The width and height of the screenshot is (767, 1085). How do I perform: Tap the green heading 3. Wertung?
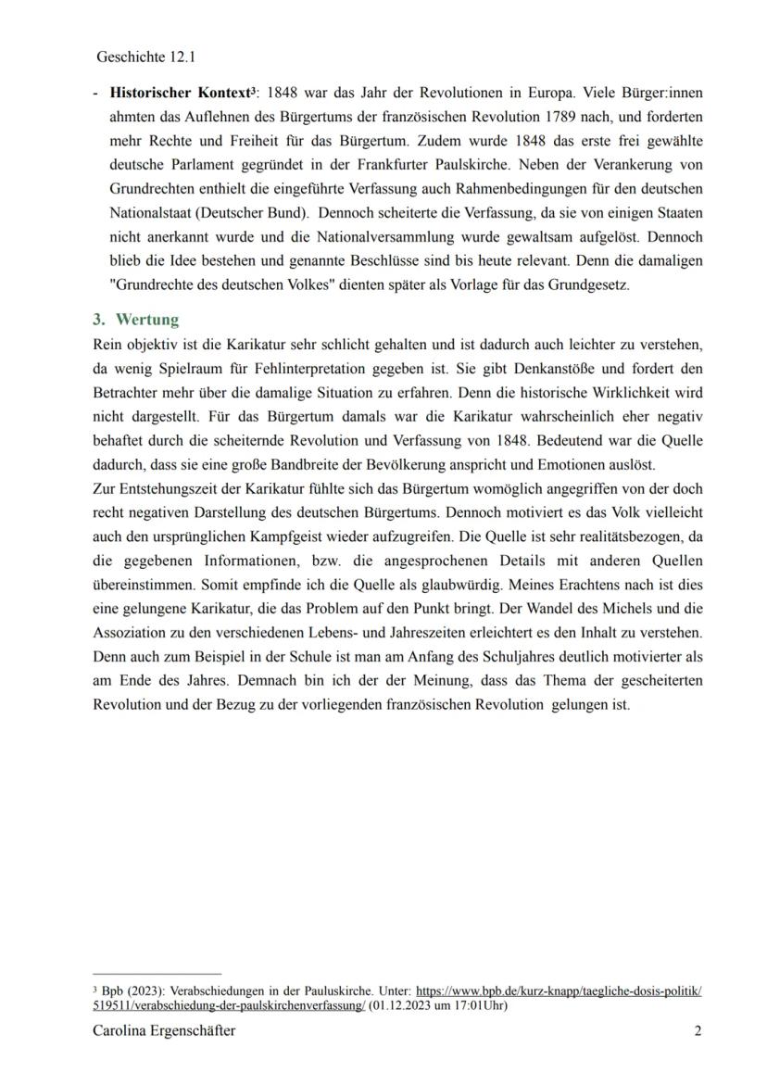[x=135, y=320]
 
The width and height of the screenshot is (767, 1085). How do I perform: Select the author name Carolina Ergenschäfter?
[x=164, y=1031]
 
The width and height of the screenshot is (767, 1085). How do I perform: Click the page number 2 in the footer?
[x=698, y=1031]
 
